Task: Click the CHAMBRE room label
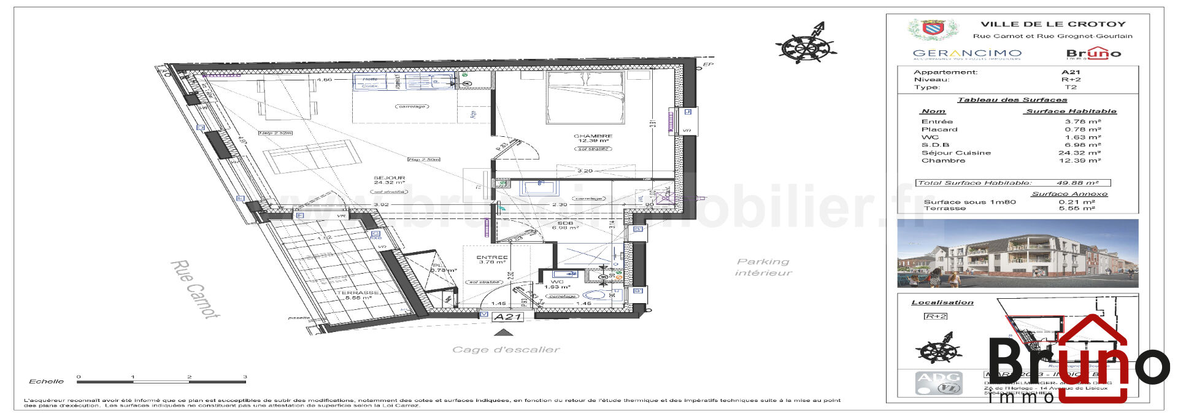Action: click(x=593, y=136)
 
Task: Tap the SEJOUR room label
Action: click(x=389, y=178)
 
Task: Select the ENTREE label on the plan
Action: click(x=492, y=258)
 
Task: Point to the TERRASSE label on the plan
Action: click(x=357, y=293)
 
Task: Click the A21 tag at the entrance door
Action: click(x=507, y=317)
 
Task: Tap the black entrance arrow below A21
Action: click(x=504, y=333)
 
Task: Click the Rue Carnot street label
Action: click(x=194, y=290)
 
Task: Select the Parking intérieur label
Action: click(x=763, y=267)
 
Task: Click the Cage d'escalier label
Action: click(x=506, y=350)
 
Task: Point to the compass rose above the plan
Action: click(x=806, y=45)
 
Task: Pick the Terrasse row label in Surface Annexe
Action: click(x=944, y=209)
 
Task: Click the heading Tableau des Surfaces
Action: click(x=1012, y=100)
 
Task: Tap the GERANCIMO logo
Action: click(x=967, y=54)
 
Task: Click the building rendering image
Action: click(x=1017, y=253)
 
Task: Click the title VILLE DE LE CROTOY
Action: click(x=1053, y=25)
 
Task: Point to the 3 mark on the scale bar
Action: click(x=245, y=377)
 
